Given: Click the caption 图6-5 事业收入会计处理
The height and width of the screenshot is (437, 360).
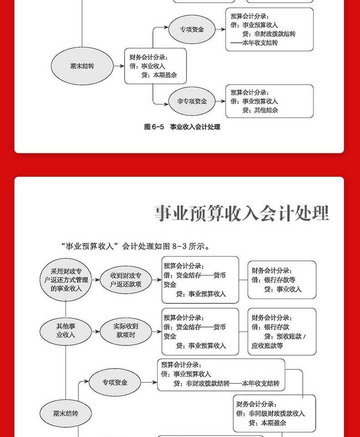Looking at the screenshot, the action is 182,127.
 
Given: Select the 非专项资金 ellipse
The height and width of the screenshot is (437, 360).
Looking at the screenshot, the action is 192,102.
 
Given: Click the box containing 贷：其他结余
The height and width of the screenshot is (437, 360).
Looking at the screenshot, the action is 269,101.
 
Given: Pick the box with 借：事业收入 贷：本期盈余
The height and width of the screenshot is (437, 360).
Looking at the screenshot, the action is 155,66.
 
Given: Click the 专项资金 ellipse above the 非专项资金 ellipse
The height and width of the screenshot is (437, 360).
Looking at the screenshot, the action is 192,30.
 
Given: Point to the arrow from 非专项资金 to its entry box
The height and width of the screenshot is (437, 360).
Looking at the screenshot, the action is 220,102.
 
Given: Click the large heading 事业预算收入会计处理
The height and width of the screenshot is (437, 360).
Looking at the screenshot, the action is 242,213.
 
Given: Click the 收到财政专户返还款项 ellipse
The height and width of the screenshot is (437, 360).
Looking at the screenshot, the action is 126,279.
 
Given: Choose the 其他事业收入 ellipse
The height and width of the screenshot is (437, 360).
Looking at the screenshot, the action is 66,331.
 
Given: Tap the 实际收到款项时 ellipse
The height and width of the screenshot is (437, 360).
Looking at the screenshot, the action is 126,331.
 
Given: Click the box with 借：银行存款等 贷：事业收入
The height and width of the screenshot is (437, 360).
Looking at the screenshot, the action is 282,280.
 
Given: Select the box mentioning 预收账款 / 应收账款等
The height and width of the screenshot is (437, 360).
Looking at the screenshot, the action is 282,331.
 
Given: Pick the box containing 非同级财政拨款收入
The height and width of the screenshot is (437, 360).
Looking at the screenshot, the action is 274,413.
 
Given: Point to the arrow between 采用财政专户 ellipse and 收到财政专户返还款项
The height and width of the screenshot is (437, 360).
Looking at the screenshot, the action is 97,279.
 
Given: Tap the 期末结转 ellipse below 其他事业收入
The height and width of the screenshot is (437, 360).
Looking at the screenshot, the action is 66,414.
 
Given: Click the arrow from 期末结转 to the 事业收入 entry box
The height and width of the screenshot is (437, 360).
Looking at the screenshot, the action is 118,66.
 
